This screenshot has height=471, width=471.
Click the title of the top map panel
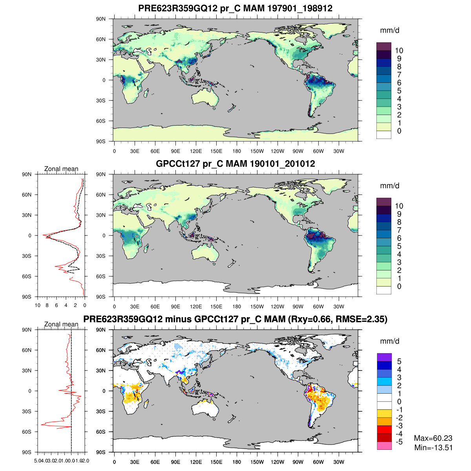click(x=235, y=8)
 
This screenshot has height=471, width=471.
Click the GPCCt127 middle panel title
click(x=235, y=164)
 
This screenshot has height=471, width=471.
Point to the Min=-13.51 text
click(x=433, y=448)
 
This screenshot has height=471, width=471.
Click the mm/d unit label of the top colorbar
click(x=389, y=31)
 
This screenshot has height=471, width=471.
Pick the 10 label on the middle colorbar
click(x=399, y=206)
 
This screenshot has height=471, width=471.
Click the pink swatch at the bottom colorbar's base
click(x=384, y=445)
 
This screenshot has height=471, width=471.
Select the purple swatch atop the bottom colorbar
click(x=384, y=357)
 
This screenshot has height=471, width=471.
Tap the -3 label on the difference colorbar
click(x=399, y=425)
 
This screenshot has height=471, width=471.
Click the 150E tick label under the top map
click(x=216, y=151)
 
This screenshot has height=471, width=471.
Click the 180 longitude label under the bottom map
click(x=237, y=462)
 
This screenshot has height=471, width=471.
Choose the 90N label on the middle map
click(x=101, y=174)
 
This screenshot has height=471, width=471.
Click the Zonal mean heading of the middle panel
click(x=61, y=169)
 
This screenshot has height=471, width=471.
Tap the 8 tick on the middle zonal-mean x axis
click(x=47, y=305)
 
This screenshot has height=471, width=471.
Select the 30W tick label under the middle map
click(x=339, y=307)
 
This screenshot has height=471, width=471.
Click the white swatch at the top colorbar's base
click(x=384, y=135)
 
